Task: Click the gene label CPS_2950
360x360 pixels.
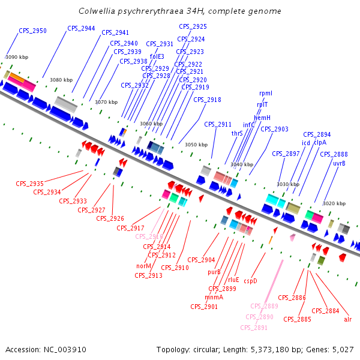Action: tap(32, 31)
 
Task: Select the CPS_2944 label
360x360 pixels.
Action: tap(81, 28)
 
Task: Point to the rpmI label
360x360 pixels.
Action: tap(265, 94)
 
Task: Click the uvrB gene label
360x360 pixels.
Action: tap(339, 163)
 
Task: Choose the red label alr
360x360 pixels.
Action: tap(348, 319)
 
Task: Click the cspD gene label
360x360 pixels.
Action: tap(250, 280)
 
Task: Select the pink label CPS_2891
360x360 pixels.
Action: tap(254, 328)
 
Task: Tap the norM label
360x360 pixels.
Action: tap(144, 266)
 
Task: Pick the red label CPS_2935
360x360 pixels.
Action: tap(30, 184)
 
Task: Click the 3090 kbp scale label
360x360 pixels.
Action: tap(17, 57)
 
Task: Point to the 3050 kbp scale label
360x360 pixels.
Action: tap(196, 145)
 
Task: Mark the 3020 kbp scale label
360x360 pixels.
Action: tap(334, 203)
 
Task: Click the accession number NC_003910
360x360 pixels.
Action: tap(64, 349)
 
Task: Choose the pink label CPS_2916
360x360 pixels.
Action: tap(149, 236)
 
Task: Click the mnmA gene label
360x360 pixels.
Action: tap(214, 297)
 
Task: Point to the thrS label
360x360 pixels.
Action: tap(237, 133)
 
